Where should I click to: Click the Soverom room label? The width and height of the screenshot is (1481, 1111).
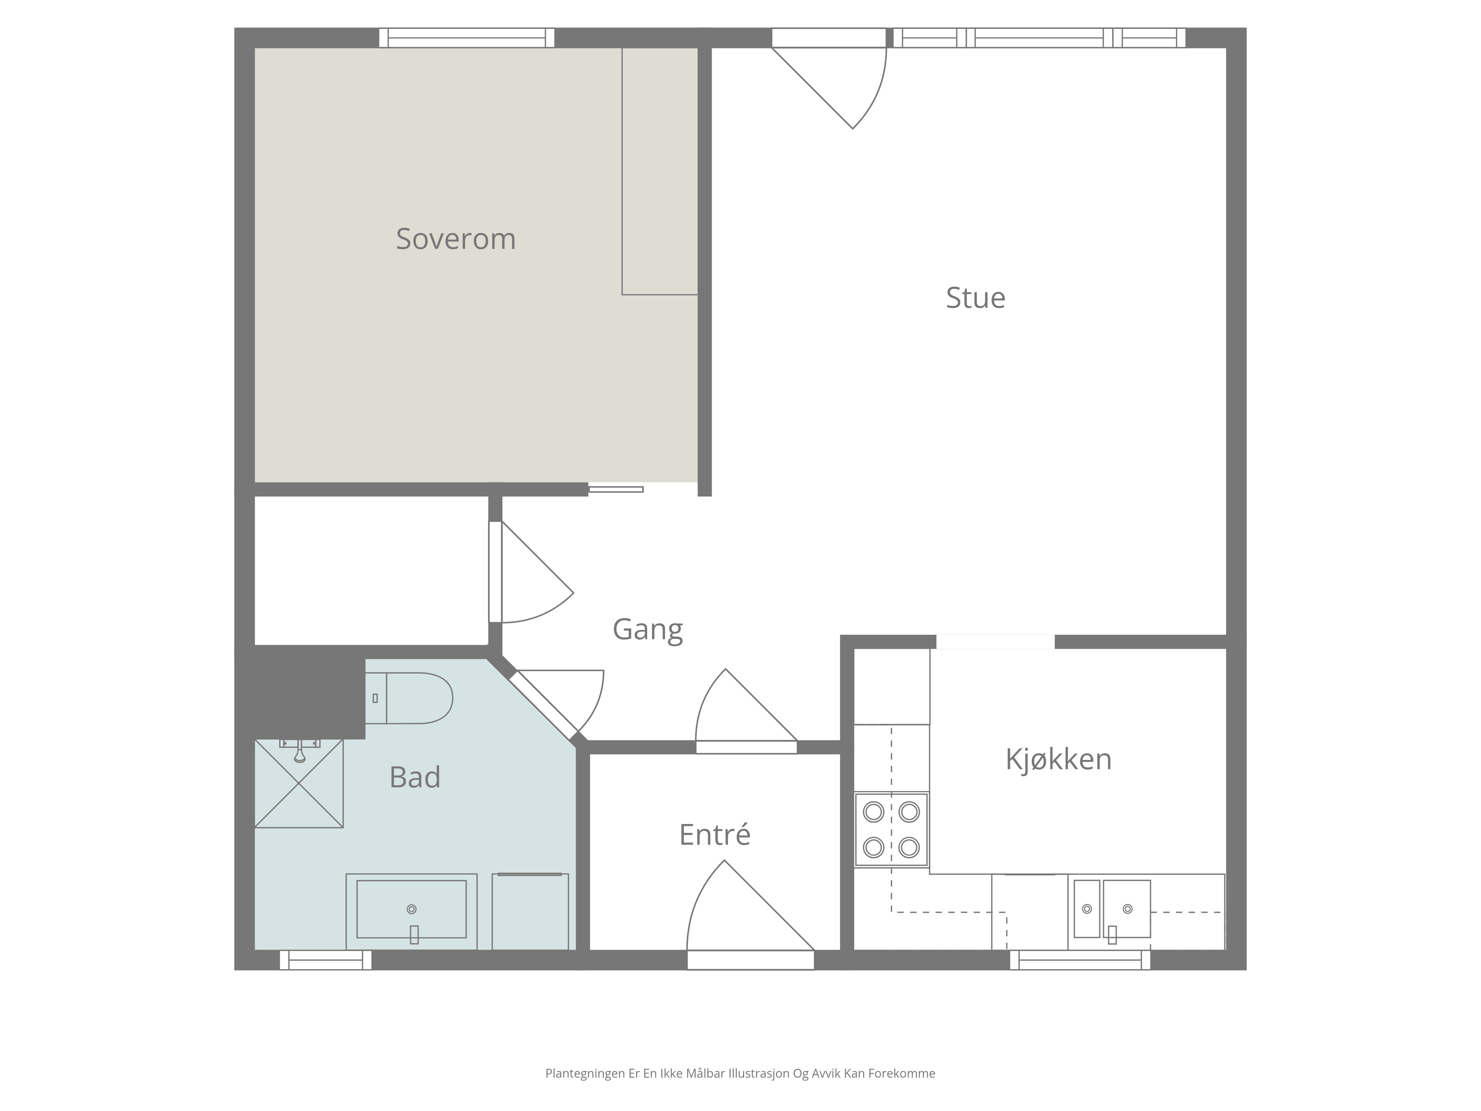456,239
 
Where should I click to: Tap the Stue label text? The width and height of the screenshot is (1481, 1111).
976,298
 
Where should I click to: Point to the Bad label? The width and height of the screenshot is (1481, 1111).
415,777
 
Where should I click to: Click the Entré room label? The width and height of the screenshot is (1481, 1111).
714,834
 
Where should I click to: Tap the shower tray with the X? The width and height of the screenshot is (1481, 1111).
299,784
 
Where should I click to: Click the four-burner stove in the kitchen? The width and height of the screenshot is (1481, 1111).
891,830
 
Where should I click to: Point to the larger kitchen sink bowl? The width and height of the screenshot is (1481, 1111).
1127,909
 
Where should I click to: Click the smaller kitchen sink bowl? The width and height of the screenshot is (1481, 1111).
1087,909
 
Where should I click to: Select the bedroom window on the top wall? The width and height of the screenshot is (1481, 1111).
467,37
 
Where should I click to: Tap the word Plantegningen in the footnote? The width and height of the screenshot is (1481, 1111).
585,1074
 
